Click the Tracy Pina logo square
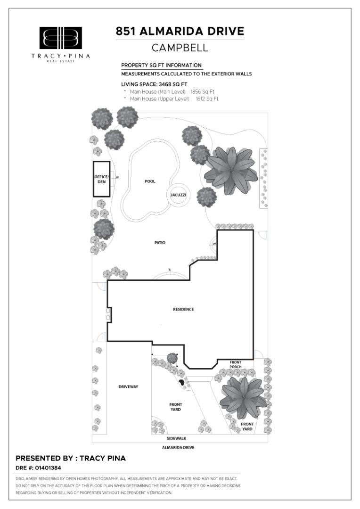pos(61,38)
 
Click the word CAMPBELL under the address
pos(180,48)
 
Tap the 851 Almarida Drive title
pos(180,31)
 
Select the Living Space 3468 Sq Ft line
pos(154,84)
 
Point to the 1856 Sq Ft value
pos(202,92)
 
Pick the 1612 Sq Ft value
pos(207,99)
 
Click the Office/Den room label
pos(102,179)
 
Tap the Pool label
pos(150,181)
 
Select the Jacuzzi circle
pos(178,184)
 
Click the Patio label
pos(160,243)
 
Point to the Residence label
pos(183,309)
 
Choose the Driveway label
pos(128,386)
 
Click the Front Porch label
pos(235,364)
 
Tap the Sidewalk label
pos(177,438)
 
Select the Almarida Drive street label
pos(178,447)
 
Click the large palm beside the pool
pos(231,171)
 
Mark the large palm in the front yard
pos(244,397)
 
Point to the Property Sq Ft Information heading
pos(161,65)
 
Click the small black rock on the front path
pos(181,382)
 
